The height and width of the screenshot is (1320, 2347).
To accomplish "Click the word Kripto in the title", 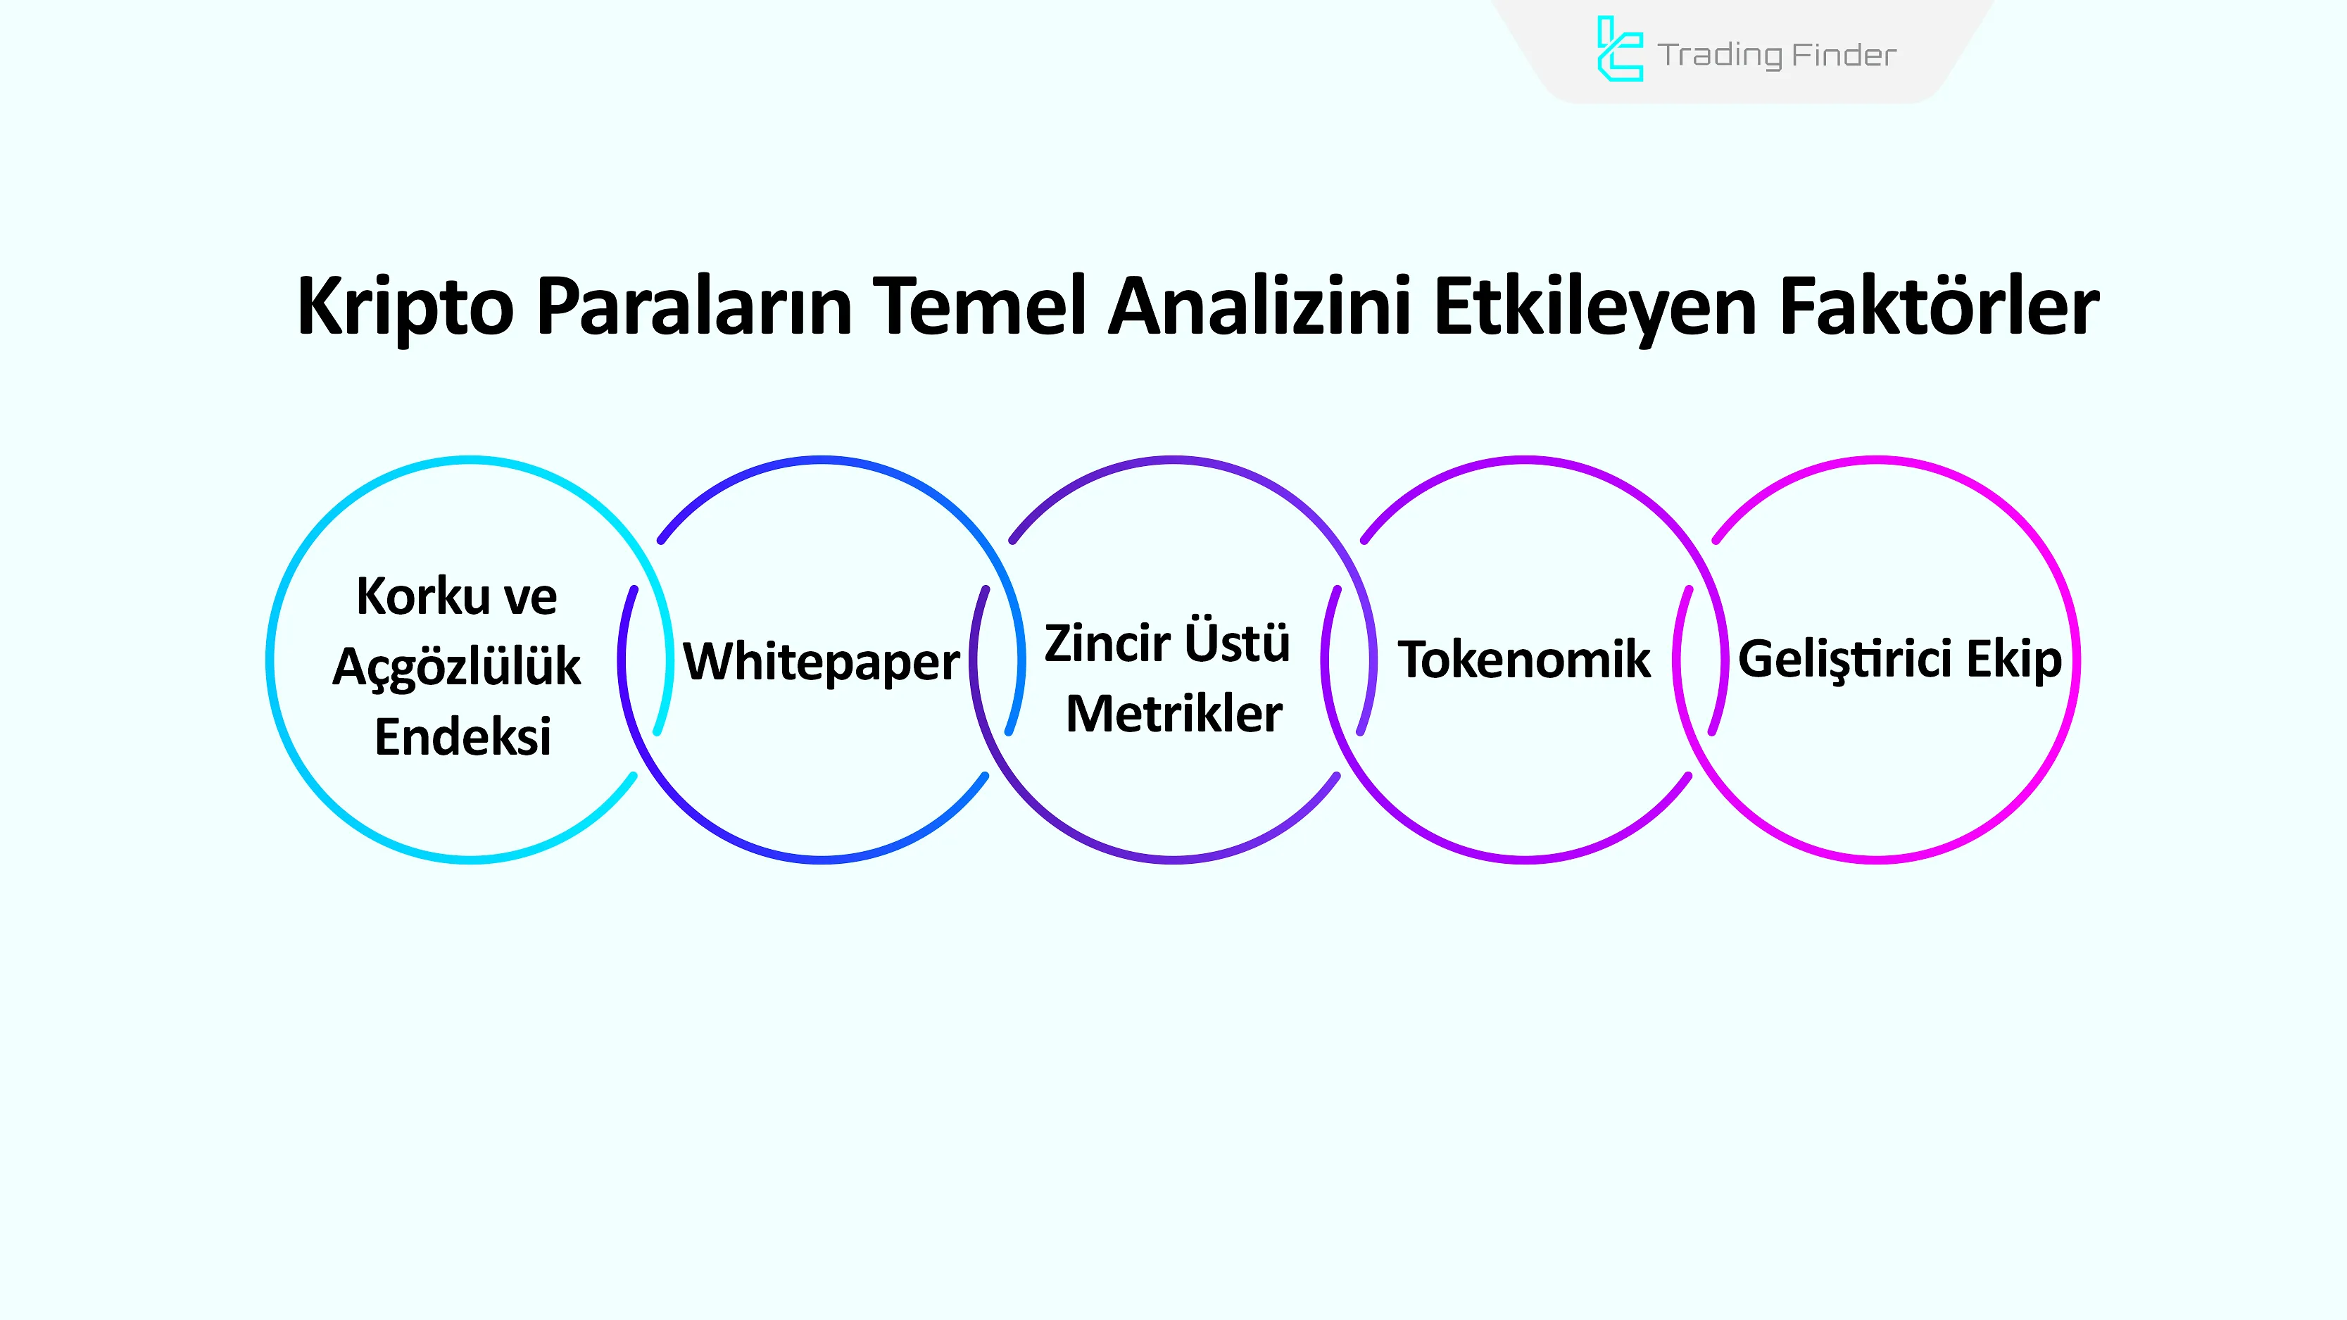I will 405,308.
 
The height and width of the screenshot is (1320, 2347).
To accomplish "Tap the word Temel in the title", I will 979,306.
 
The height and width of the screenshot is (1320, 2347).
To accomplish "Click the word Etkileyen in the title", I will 1594,308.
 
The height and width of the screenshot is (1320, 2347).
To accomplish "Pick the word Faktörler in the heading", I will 1939,306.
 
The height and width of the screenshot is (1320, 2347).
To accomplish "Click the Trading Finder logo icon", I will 1619,49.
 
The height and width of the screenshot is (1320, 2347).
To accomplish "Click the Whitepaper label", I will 821,660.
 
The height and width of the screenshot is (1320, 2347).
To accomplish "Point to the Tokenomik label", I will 1523,659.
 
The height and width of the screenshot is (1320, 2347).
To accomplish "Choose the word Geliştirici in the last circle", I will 1846,660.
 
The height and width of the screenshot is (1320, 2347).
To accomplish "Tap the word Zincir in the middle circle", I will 1106,643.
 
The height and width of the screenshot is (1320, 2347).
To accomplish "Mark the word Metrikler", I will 1173,713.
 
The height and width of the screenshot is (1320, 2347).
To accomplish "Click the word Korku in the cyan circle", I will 423,597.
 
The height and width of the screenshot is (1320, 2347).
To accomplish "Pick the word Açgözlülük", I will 456,667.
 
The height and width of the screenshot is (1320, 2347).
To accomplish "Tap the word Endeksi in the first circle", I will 463,736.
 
